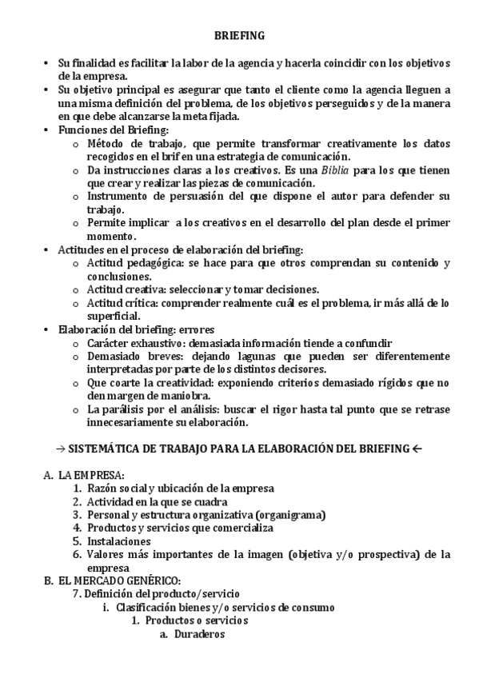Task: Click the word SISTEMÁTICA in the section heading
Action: click(x=101, y=446)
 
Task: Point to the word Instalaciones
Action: click(x=119, y=541)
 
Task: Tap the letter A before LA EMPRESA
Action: click(x=47, y=475)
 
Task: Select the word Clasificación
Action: click(x=147, y=608)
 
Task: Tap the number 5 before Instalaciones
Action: click(x=77, y=541)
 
